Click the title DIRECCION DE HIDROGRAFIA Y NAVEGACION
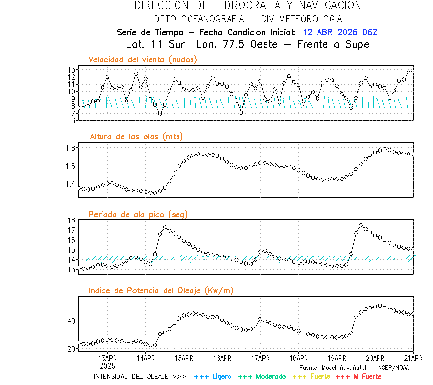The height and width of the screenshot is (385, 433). click(248, 6)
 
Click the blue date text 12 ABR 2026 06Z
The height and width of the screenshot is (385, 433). click(340, 32)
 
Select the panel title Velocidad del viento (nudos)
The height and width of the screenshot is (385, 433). click(143, 60)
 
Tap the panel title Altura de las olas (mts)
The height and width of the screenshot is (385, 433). click(136, 137)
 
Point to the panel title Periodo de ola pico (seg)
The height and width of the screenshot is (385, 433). click(138, 214)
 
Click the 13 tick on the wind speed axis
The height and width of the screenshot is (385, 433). click(70, 69)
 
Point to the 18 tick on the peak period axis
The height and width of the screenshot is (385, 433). click(70, 220)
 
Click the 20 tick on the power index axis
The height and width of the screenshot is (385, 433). click(70, 348)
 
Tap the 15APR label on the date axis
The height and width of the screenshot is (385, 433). click(184, 358)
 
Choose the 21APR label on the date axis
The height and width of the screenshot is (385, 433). click(413, 358)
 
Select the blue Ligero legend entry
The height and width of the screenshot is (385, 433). click(213, 376)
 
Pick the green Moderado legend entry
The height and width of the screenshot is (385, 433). click(262, 376)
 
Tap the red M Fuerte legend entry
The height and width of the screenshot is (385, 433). click(358, 376)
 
